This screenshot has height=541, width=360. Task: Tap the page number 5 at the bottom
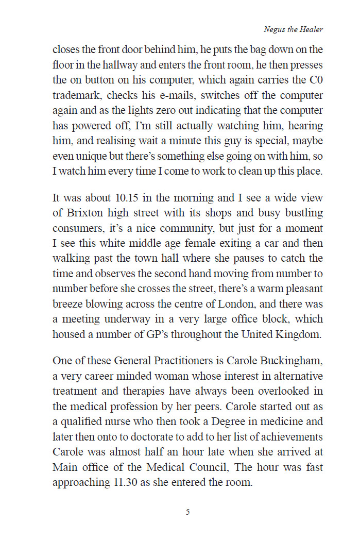click(x=188, y=512)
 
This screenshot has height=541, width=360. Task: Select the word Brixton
click(x=76, y=212)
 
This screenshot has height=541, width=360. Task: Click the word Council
click(x=216, y=467)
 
